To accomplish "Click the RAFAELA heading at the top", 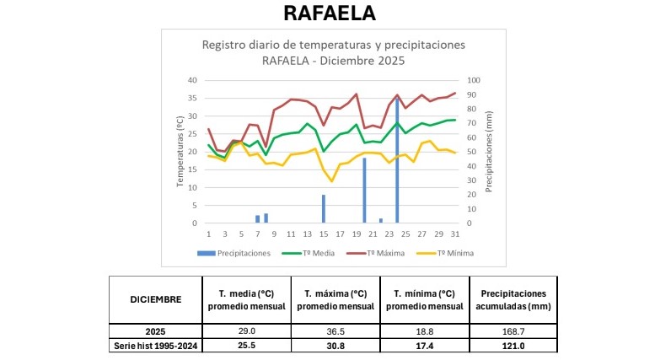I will pyautogui.click(x=330, y=14).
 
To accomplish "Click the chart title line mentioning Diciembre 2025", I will pyautogui.click(x=333, y=61).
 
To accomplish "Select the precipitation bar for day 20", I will pyautogui.click(x=364, y=191).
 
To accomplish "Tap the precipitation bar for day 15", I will pyautogui.click(x=323, y=208).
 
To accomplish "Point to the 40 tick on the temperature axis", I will pyautogui.click(x=193, y=81).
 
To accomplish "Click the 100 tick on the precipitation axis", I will pyautogui.click(x=473, y=81).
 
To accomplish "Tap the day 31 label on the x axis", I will pyautogui.click(x=454, y=233).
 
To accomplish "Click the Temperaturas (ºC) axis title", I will pyautogui.click(x=180, y=152).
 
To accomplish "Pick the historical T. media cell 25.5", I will pyautogui.click(x=245, y=346).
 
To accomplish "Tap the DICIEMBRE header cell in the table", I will pyautogui.click(x=155, y=298).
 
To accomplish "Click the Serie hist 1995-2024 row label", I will pyautogui.click(x=155, y=346).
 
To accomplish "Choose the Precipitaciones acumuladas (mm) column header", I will pyautogui.click(x=513, y=298).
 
